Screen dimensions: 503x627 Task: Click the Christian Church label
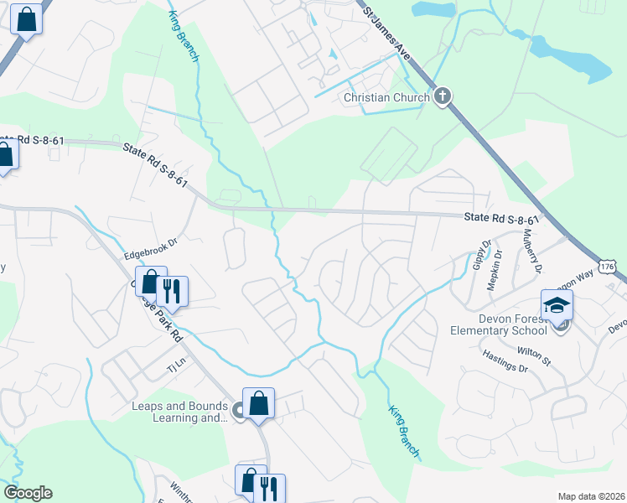click(387, 97)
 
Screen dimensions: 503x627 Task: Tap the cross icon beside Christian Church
click(443, 96)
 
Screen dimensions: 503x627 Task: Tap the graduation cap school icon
click(557, 306)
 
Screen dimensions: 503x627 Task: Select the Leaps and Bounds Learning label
click(180, 412)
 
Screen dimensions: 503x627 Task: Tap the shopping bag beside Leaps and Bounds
click(259, 402)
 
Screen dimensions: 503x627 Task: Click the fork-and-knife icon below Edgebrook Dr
click(172, 291)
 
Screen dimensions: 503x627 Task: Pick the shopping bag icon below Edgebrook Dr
click(150, 283)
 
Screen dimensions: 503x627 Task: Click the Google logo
click(28, 493)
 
